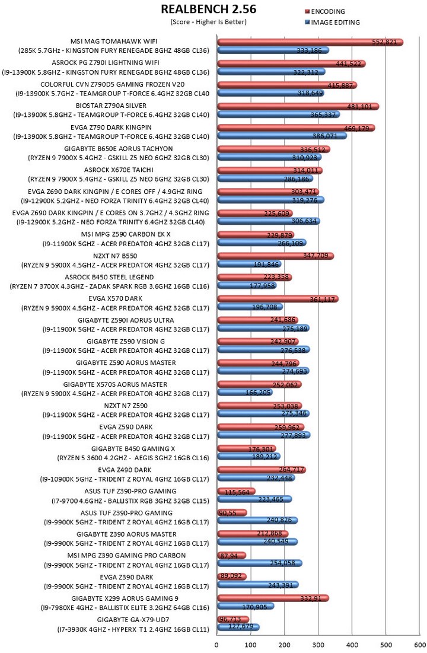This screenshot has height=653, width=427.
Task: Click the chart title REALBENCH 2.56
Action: (208, 9)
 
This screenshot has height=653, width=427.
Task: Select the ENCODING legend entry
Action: (325, 12)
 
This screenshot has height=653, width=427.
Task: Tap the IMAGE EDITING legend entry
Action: (333, 23)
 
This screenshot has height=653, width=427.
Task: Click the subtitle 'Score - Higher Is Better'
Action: (208, 22)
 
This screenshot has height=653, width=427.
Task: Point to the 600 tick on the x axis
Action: (419, 645)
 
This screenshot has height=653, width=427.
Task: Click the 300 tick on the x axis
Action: (318, 645)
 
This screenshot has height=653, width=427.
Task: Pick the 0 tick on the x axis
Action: (216, 645)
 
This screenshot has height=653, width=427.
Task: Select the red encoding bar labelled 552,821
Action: (310, 42)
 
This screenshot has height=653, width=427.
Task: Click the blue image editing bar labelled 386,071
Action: (282, 136)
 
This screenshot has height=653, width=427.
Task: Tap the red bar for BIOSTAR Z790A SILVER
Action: (298, 106)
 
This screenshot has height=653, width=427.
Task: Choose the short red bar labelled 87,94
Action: (232, 556)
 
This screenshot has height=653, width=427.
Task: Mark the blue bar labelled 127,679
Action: (238, 627)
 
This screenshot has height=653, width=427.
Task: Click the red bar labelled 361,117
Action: (278, 299)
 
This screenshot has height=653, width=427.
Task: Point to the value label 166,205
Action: (259, 393)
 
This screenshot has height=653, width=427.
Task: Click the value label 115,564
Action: (237, 492)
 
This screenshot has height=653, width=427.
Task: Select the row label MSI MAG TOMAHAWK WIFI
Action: (114, 42)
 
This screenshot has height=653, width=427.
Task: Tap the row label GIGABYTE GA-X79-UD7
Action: (133, 620)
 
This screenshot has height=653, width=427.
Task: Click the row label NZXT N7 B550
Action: (115, 256)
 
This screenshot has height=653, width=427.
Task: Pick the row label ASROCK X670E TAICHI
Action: (119, 170)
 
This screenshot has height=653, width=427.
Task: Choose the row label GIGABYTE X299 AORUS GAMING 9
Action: (125, 598)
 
